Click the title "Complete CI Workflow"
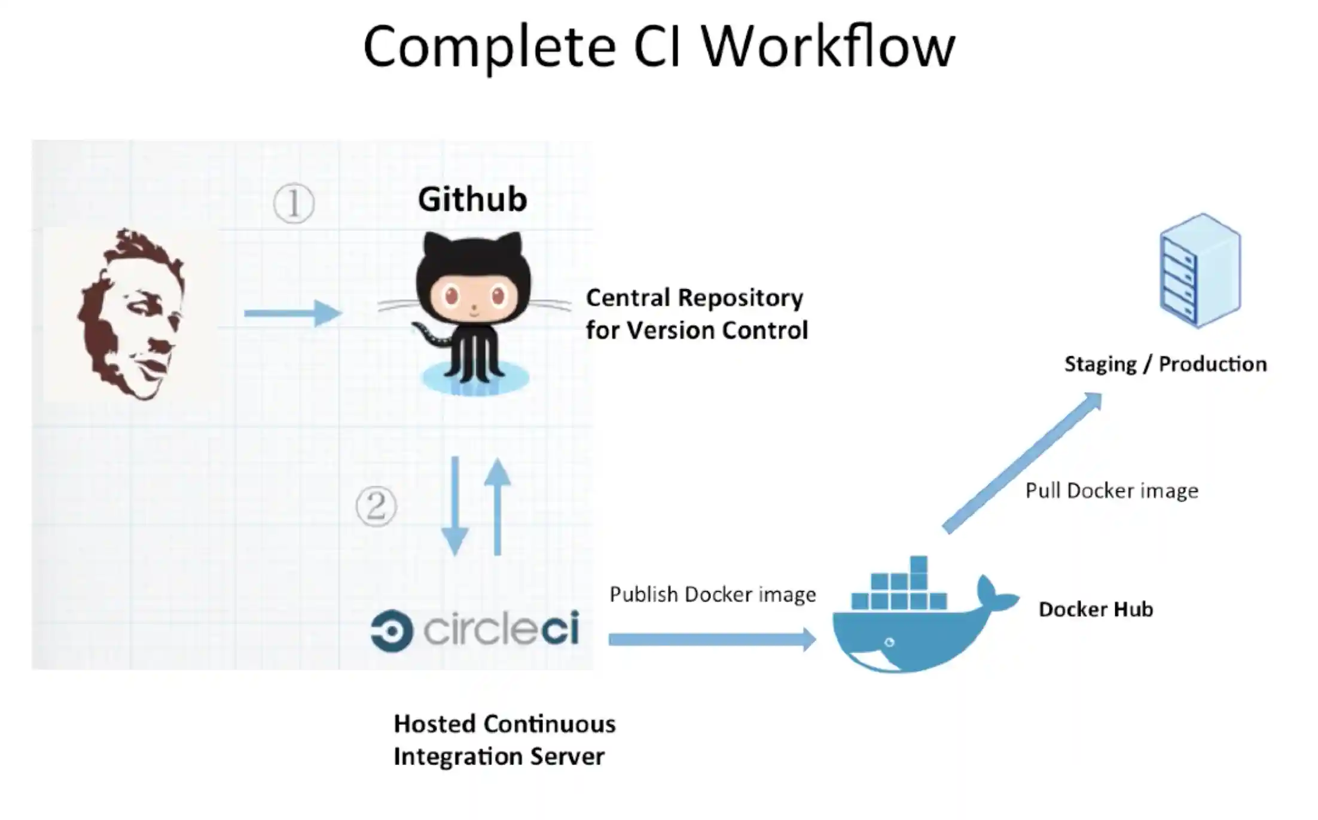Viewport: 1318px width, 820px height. click(658, 47)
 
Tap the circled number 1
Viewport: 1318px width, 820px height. click(294, 203)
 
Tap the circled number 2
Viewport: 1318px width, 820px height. click(376, 506)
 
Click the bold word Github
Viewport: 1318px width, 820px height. click(472, 199)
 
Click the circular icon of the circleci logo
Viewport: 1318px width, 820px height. click(392, 631)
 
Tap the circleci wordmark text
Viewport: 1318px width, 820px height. click(501, 629)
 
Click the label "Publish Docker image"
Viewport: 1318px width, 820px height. click(712, 595)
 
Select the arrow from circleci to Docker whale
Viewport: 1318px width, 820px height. click(712, 639)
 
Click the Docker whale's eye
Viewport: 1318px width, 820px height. click(889, 642)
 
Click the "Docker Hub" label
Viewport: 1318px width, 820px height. click(1096, 609)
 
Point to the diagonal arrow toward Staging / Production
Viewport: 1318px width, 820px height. click(1022, 462)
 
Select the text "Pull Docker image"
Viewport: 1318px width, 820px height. click(1112, 491)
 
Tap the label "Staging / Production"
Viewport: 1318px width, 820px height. click(1166, 364)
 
